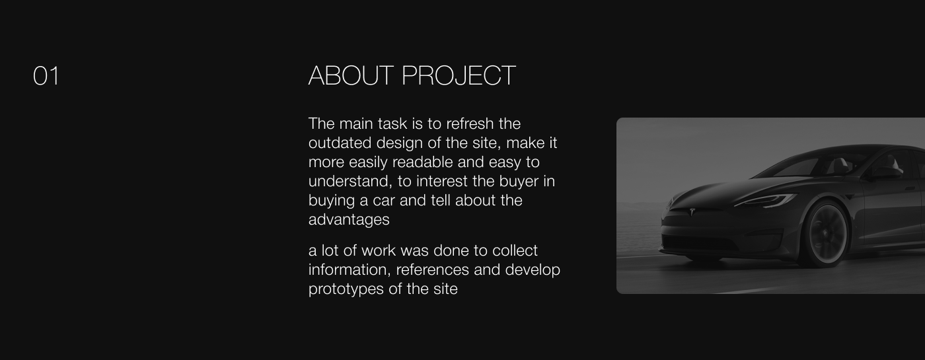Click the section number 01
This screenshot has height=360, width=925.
[x=46, y=77]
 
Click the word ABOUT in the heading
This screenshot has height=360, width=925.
[x=351, y=75]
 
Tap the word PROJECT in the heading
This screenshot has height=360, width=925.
[x=459, y=75]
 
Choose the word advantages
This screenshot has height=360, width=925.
[x=349, y=220]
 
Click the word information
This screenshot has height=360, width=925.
[x=350, y=270]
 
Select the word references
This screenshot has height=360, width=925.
[x=432, y=270]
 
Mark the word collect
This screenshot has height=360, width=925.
[x=515, y=250]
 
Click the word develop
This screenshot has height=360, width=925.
[x=533, y=270]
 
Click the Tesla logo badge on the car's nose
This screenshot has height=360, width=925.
[x=692, y=212]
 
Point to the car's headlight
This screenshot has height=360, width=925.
[x=766, y=200]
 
